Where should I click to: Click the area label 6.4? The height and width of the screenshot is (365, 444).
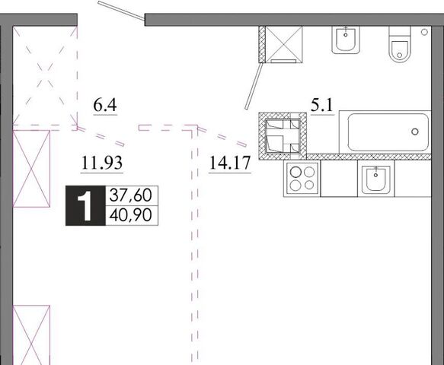coord(105,106)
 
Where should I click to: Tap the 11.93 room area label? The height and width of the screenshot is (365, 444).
coord(102,163)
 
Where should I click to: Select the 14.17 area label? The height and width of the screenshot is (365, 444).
coord(230,163)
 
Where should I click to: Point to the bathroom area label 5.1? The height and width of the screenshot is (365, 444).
coord(322,106)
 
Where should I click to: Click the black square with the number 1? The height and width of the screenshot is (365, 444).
coord(85,206)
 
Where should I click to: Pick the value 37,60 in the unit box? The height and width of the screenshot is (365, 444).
coord(130,195)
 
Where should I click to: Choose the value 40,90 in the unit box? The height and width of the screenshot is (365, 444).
coord(130,215)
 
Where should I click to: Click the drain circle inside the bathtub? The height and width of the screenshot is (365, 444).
coord(415,132)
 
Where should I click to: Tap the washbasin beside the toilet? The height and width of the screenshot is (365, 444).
coord(346,40)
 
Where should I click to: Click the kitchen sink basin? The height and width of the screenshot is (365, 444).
coord(375,179)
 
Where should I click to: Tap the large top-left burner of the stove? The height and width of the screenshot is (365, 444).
coord(295,172)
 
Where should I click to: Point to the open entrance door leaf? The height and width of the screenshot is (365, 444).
coord(121,11)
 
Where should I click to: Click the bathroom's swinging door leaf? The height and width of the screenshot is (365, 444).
coord(254,86)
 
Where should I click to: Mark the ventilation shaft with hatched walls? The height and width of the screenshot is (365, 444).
coord(283,136)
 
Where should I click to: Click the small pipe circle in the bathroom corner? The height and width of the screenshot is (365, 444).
coord(424,32)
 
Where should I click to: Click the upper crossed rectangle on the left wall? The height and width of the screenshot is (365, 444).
coord(31,169)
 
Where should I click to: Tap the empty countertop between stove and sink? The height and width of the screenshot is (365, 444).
coord(339,179)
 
